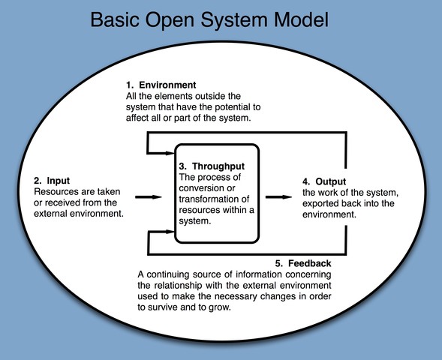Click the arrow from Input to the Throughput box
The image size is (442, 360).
tap(150, 197)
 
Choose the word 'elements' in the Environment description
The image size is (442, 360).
tap(174, 97)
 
